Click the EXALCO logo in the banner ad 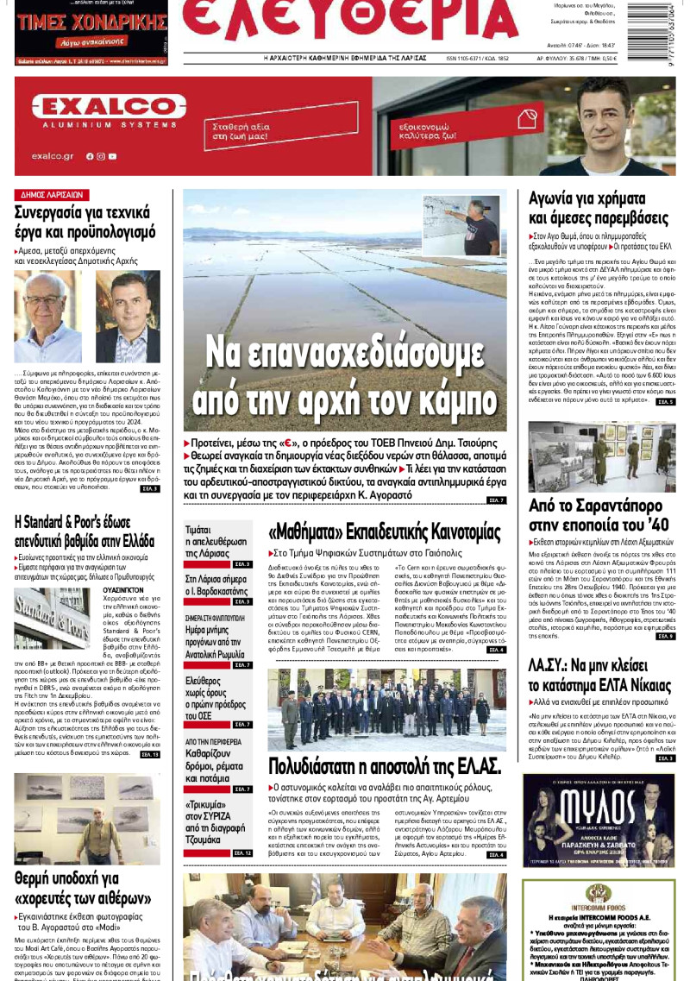tap(98, 107)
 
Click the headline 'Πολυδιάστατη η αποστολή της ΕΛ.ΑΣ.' tap(384, 765)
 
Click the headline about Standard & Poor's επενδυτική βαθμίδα tap(85, 531)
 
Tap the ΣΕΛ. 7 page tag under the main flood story tap(496, 500)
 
